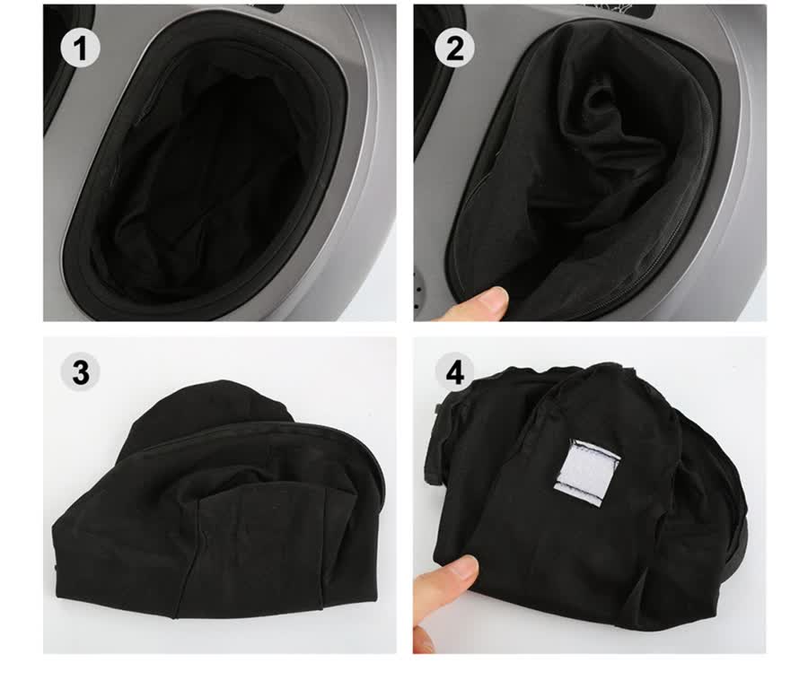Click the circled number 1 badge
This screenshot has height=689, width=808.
[x=80, y=48]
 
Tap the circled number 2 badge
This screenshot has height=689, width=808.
[x=454, y=48]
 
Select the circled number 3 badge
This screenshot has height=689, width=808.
[x=81, y=371]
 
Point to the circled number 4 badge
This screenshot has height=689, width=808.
[x=454, y=371]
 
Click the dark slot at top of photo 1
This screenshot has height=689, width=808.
[x=267, y=9]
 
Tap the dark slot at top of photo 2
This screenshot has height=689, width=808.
[x=638, y=10]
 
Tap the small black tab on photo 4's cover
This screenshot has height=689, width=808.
[x=439, y=409]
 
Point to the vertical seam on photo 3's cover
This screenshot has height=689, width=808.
[x=325, y=545]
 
